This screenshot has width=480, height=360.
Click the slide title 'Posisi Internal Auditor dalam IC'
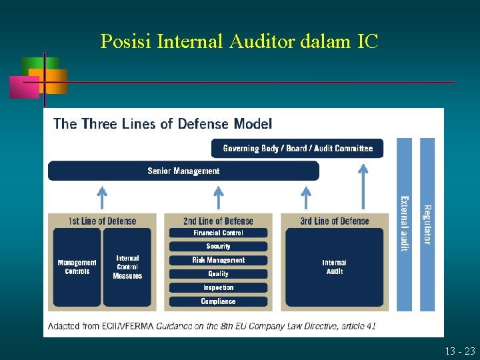[x=239, y=41]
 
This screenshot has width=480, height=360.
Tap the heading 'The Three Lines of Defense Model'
[x=163, y=124]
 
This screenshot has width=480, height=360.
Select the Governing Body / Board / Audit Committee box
[x=297, y=148]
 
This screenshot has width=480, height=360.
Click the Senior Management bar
[x=183, y=171]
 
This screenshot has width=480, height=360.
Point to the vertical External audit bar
[x=405, y=223]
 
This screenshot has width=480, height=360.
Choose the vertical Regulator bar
[x=427, y=223]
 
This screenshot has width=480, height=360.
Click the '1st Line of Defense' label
[x=102, y=221]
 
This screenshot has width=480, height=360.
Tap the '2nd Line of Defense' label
[x=218, y=221]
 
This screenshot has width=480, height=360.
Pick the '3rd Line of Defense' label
[x=334, y=221]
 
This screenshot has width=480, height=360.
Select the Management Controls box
[x=77, y=267]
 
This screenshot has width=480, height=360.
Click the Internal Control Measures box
[x=127, y=267]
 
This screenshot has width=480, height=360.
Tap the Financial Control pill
[x=218, y=233]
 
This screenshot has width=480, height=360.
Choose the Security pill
[x=218, y=247]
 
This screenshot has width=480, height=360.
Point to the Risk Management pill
[x=218, y=260]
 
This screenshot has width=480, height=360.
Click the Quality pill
[x=218, y=274]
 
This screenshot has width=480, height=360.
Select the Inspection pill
[x=218, y=288]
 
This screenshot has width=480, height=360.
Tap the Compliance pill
[x=218, y=301]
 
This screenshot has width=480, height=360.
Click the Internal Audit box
[x=334, y=267]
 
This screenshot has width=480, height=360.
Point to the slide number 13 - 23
[x=461, y=351]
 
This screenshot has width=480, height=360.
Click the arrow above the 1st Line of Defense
[x=101, y=198]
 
